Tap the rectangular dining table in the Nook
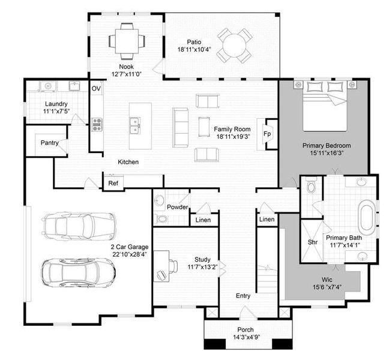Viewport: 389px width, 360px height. tap(126, 41)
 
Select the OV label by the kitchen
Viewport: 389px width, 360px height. tap(96, 89)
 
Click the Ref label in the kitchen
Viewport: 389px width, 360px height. tap(113, 183)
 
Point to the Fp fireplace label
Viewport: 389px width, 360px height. tap(267, 134)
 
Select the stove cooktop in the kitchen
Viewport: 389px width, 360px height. tap(96, 125)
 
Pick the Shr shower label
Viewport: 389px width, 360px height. tap(312, 242)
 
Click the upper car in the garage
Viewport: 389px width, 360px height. tap(79, 226)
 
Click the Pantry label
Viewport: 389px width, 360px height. tap(49, 143)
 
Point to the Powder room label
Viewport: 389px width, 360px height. tap(178, 207)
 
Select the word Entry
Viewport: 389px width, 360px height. tap(243, 296)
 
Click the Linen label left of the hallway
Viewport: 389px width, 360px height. tap(203, 220)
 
